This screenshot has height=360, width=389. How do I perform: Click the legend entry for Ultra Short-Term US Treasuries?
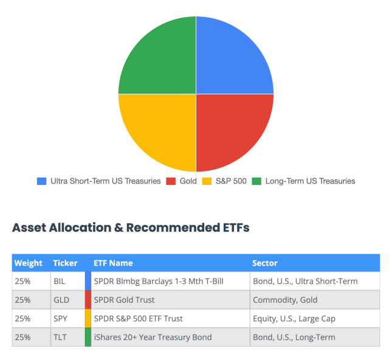(98, 181)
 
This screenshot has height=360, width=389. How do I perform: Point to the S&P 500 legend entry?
(224, 181)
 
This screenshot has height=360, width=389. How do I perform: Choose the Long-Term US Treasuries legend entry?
(303, 181)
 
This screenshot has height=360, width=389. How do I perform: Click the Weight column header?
(29, 263)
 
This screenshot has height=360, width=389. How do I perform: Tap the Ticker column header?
(65, 263)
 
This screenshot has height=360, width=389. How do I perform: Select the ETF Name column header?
(113, 263)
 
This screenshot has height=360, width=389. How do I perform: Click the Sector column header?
(265, 263)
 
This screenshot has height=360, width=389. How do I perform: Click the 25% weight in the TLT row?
(22, 337)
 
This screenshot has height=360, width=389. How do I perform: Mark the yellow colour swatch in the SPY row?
(88, 318)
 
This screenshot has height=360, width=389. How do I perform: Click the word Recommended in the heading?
(173, 227)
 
